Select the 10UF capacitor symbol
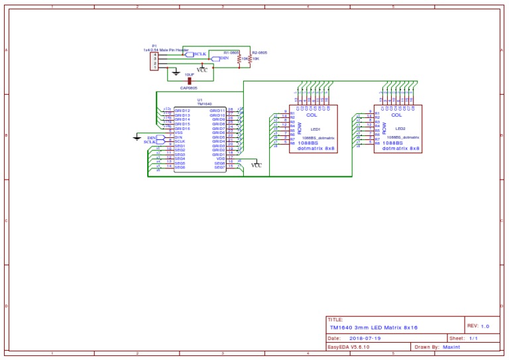190,81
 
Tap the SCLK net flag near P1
198,54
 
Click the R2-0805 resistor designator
259,51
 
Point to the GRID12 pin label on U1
182,110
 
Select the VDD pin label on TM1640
221,158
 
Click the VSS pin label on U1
179,133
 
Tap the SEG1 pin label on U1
180,145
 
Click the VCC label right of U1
256,166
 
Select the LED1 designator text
315,130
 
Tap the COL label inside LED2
397,115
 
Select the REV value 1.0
484,326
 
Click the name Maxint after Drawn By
452,347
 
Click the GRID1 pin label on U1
218,154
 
